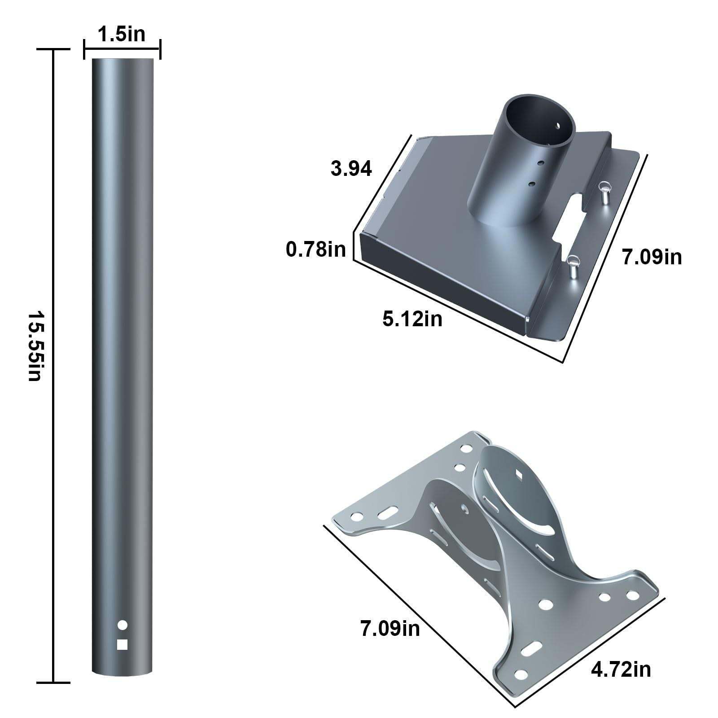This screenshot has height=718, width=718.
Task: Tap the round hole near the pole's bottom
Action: pos(122,624)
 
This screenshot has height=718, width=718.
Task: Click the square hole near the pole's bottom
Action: pos(122,644)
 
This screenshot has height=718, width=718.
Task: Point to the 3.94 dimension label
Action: pos(351,169)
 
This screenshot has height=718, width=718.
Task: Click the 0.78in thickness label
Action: pos(316,249)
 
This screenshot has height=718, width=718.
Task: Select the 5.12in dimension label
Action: pos(412,319)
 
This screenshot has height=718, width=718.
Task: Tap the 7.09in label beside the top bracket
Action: pos(652,257)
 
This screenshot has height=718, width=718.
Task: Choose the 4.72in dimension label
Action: pos(621,670)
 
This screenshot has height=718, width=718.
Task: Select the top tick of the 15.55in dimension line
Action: pos(53,50)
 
